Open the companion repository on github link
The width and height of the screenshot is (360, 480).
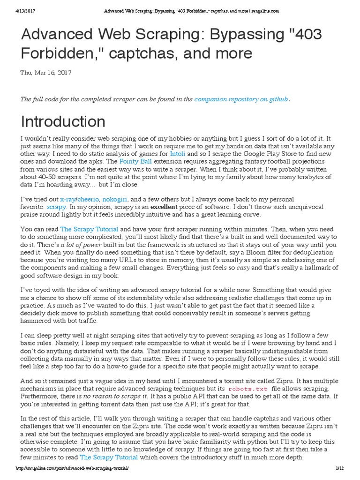coord(241,99)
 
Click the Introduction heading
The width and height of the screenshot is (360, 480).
coord(63,122)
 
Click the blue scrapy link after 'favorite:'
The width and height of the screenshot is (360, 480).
coord(57,207)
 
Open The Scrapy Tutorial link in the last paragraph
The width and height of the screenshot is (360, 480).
coord(109,457)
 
